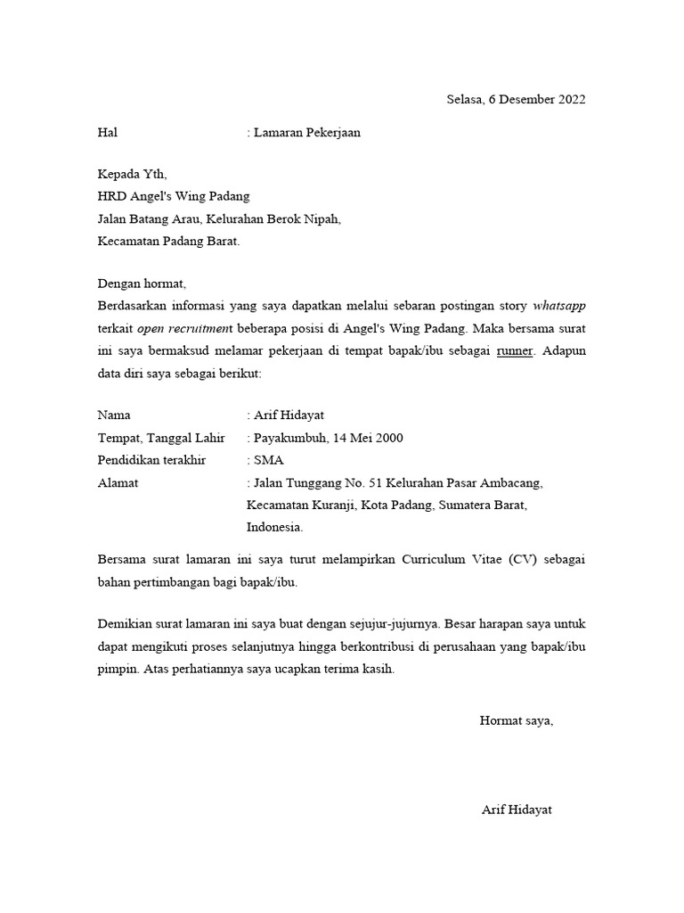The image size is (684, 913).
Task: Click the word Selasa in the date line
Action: click(x=465, y=100)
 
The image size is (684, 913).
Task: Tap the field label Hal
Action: click(x=107, y=133)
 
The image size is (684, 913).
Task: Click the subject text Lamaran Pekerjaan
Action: click(x=307, y=133)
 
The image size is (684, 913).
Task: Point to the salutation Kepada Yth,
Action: click(x=132, y=175)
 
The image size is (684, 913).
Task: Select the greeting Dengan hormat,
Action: click(x=142, y=284)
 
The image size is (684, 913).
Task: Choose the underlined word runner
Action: click(x=514, y=350)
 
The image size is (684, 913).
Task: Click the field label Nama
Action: click(x=113, y=415)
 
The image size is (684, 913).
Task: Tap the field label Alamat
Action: click(x=118, y=482)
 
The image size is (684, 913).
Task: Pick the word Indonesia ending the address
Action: click(x=274, y=527)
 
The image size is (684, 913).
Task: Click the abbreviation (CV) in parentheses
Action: click(x=525, y=561)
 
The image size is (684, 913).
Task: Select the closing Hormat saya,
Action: click(x=516, y=720)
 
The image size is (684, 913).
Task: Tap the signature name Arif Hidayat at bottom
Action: click(x=517, y=810)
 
